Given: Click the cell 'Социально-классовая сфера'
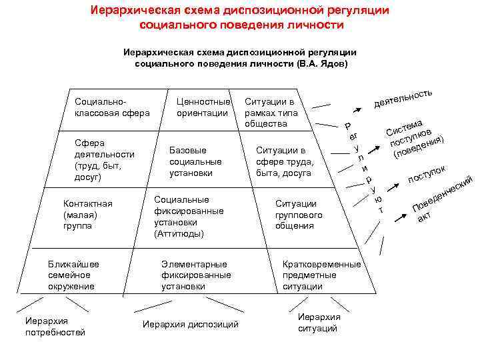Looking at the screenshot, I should pos(112,107).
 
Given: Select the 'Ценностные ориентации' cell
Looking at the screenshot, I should pos(203,107).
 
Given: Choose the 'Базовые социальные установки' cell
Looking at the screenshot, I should pos(195,161).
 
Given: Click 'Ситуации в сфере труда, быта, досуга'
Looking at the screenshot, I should pos(285,161).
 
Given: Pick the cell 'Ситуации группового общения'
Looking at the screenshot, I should pos(299,215).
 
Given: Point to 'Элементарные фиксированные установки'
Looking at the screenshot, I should pos(196,275).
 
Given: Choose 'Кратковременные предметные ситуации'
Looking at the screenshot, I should pos(321,275).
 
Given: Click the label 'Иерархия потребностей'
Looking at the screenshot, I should pos(55,327).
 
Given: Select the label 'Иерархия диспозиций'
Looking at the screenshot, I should pos(191,325).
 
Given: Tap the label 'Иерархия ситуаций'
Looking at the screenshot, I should pos(318,323).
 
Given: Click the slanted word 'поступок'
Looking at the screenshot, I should pos(426,175).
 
